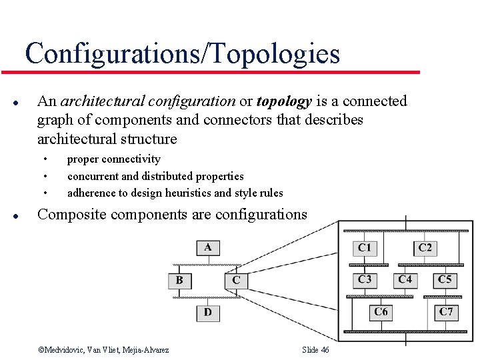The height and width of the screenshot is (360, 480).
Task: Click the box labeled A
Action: [x=208, y=247]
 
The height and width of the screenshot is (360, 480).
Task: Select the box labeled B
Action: [x=179, y=280]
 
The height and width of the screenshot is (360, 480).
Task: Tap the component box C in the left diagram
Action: [x=236, y=280]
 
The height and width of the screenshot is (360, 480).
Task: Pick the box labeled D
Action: [x=208, y=312]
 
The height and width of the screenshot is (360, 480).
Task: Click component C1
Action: [x=364, y=248]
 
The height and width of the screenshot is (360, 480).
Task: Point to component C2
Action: [x=425, y=248]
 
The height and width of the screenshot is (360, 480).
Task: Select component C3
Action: [x=364, y=279]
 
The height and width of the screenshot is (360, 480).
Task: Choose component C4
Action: [x=405, y=279]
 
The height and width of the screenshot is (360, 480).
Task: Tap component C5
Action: [x=445, y=279]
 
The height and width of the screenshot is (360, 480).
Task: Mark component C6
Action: [x=381, y=311]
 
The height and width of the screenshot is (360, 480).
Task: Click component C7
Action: [x=445, y=311]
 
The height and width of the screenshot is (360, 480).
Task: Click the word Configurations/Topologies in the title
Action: [x=182, y=53]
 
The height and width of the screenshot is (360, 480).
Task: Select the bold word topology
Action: [x=284, y=101]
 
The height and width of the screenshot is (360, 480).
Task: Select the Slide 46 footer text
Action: [x=315, y=350]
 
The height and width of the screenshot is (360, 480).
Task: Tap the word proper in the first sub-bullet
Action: [x=82, y=159]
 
